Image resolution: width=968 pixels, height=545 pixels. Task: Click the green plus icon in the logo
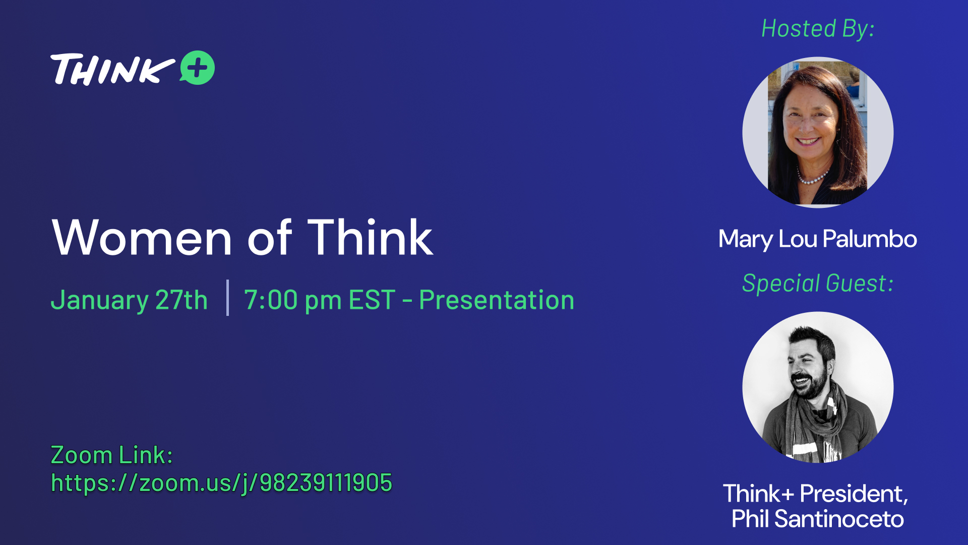coord(198,68)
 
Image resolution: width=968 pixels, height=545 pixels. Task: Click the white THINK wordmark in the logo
coord(112,69)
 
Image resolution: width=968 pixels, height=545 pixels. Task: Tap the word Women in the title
coord(142,238)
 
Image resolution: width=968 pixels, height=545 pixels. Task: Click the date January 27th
coord(129,300)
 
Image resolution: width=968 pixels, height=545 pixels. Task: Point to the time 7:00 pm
coord(293,300)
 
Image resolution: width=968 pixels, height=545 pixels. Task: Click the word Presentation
coord(497,300)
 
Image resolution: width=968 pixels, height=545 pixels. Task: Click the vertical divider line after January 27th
coord(228,298)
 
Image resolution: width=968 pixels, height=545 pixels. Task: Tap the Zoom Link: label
coord(112,455)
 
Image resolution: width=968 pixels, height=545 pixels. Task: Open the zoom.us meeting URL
coord(221,483)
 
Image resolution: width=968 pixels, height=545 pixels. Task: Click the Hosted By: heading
coord(818,29)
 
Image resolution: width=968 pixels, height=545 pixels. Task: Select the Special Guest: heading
coord(818,283)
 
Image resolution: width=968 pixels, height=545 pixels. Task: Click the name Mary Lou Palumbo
coord(818,239)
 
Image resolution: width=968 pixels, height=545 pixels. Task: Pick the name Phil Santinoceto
coord(818,519)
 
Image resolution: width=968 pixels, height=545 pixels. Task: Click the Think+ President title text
coord(816,494)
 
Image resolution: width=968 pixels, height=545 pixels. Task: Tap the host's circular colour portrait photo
coord(818,132)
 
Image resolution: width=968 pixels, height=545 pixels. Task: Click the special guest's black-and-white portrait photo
coord(818,387)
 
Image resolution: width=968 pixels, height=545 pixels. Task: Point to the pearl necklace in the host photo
coord(812,177)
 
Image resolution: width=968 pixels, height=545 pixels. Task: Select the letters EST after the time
coord(372,300)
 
